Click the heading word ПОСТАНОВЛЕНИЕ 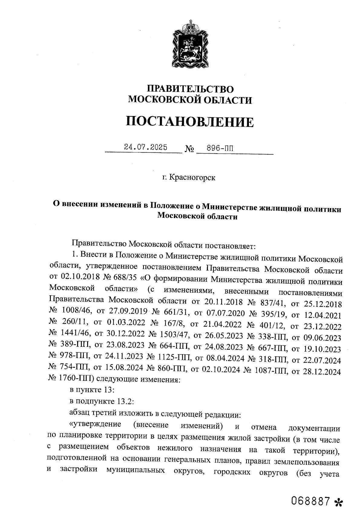190,122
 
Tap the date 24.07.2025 146,148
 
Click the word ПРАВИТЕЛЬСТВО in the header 190,89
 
